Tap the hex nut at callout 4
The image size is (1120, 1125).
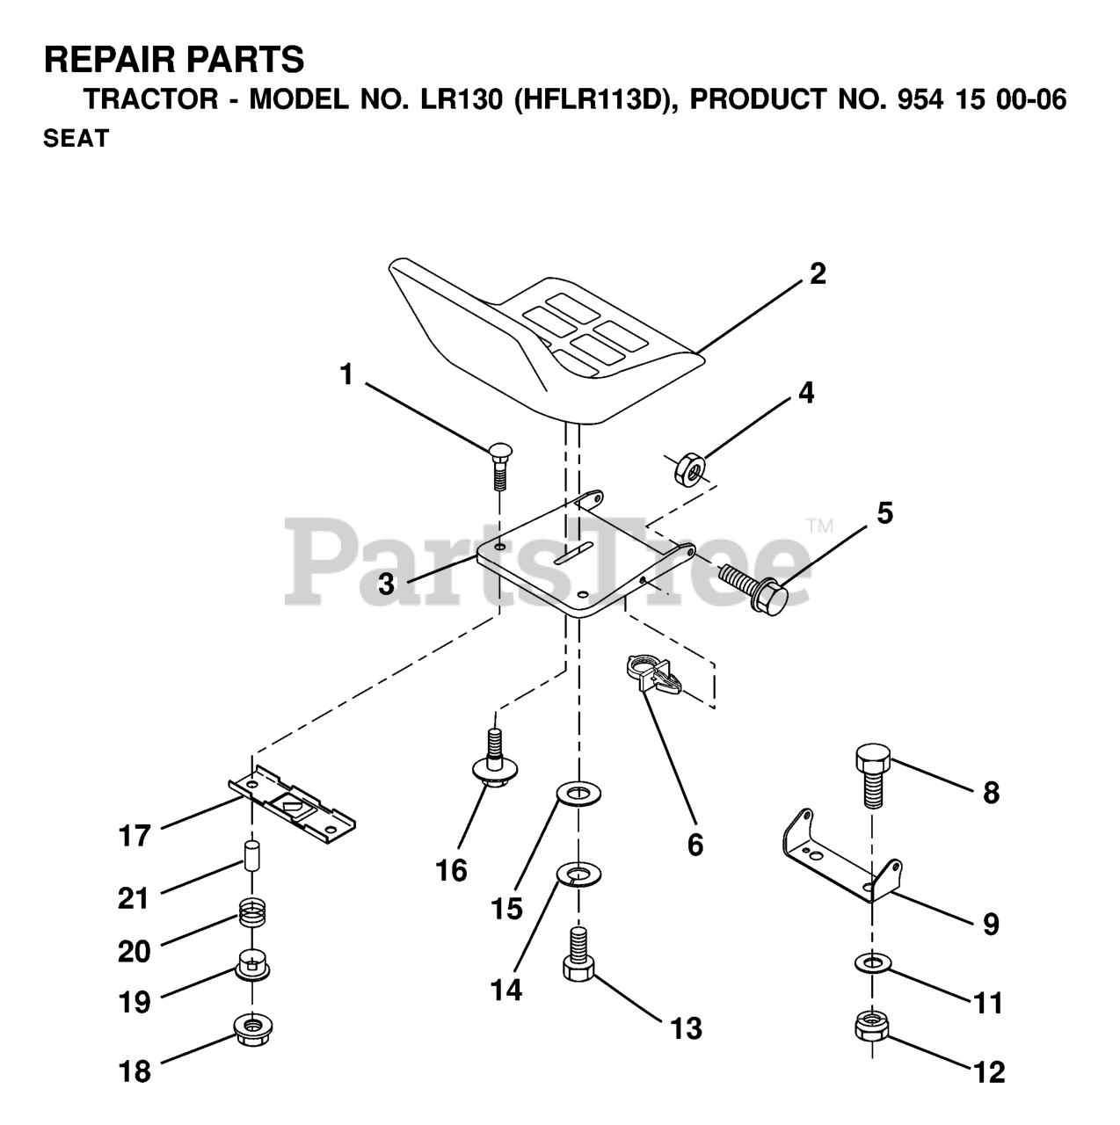coord(688,469)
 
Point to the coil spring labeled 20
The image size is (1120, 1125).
coord(252,921)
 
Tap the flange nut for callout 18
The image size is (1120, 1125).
coord(252,1027)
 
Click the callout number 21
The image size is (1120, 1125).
coord(134,898)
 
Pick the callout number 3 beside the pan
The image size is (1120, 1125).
coord(386,584)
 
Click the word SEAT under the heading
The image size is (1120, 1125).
coord(76,139)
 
